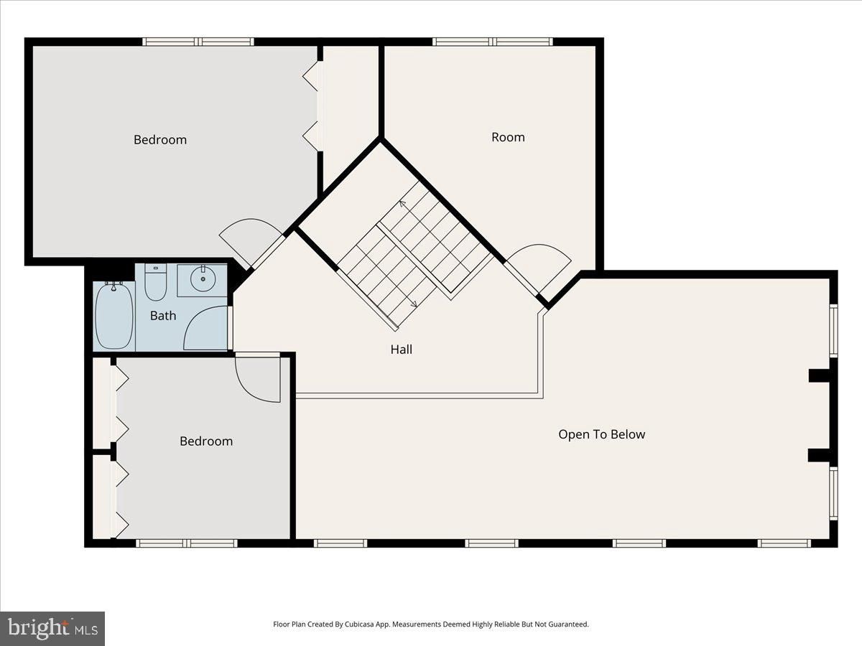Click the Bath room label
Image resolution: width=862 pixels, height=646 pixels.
(x=163, y=316)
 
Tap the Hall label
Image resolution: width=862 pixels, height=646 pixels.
(x=402, y=350)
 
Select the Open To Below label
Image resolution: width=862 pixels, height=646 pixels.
(x=602, y=434)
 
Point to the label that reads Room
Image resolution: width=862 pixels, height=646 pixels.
(x=508, y=137)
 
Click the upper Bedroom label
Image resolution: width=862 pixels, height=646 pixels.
(x=160, y=140)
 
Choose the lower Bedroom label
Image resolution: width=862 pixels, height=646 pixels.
(x=206, y=441)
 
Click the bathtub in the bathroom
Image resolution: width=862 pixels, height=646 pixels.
(x=114, y=317)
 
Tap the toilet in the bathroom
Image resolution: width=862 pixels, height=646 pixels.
(x=155, y=281)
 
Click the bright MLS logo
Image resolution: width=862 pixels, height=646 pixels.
(x=52, y=629)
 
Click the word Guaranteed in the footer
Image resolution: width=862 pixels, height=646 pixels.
(x=569, y=624)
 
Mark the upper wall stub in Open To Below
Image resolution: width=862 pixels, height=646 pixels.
(x=819, y=375)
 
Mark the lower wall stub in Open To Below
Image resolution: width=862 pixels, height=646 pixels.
(x=819, y=455)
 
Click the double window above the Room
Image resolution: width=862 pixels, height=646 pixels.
(x=493, y=42)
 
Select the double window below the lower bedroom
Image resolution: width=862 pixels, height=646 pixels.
(x=187, y=543)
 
